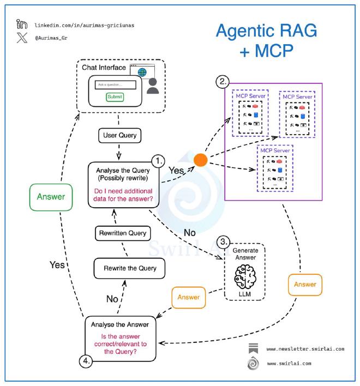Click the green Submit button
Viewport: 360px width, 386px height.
[115, 96]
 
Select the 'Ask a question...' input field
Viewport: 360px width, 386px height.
[115, 85]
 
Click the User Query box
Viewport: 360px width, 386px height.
[118, 135]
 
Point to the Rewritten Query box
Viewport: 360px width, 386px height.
[122, 233]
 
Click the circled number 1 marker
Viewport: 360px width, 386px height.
[158, 160]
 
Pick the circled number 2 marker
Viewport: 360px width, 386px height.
[223, 82]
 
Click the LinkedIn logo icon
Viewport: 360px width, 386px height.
[22, 25]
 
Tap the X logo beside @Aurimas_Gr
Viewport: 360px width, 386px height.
[22, 39]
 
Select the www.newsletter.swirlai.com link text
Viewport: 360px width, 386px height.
[305, 348]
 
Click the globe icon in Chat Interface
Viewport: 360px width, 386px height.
[142, 72]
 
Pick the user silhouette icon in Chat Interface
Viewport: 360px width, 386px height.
[153, 86]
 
